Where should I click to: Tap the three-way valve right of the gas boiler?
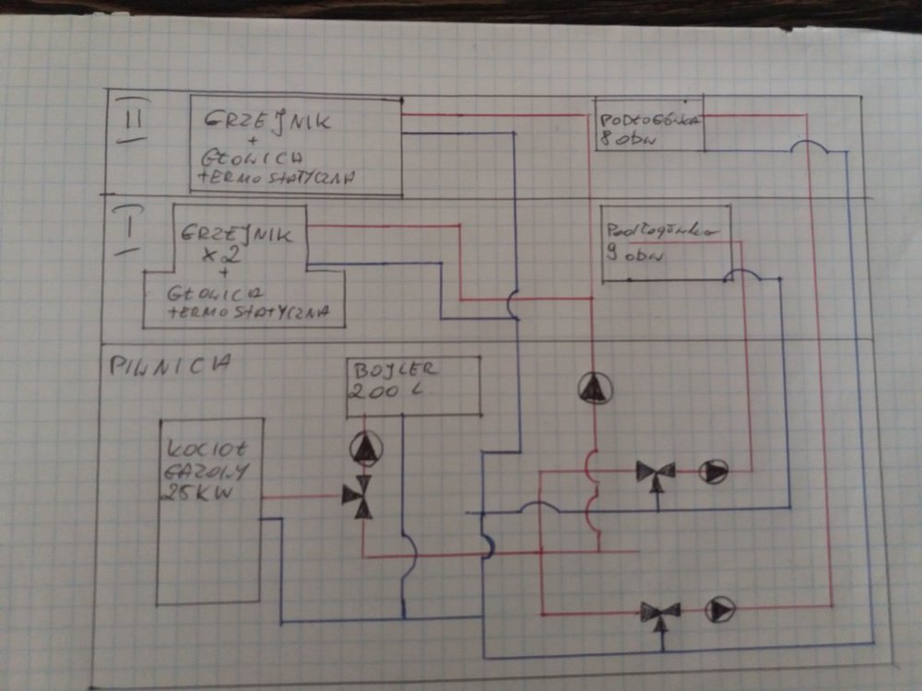[x=358, y=496]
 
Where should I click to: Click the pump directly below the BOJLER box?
[x=365, y=449]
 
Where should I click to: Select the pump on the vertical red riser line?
[x=592, y=389]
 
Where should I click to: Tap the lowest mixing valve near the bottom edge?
[x=660, y=612]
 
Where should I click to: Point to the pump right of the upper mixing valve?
[x=714, y=472]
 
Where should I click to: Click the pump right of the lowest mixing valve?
[x=720, y=609]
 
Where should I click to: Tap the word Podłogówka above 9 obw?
[x=661, y=230]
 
